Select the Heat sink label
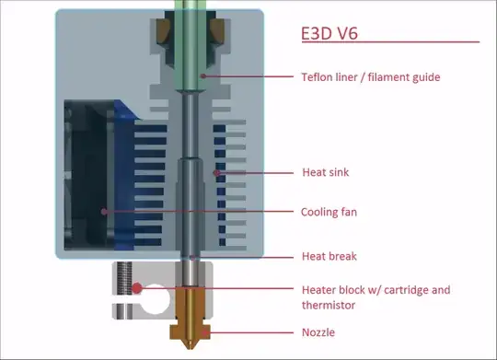324,172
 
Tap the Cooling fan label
329,212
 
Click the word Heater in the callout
318,289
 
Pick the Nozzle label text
318,332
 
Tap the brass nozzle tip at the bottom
191,337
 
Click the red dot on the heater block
136,288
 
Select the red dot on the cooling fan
104,212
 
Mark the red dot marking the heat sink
216,172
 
